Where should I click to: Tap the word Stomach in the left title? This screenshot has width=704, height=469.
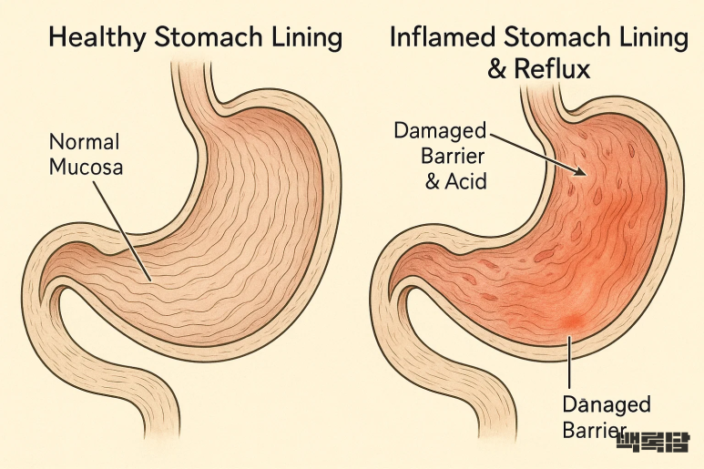(x=205, y=38)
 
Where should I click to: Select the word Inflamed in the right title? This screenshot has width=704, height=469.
(x=441, y=37)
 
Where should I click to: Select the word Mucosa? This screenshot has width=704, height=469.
(x=86, y=167)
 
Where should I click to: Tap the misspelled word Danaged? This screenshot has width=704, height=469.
(x=607, y=404)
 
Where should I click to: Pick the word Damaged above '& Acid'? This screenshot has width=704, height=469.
(x=440, y=130)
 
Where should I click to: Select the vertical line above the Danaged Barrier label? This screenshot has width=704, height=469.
(x=568, y=364)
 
